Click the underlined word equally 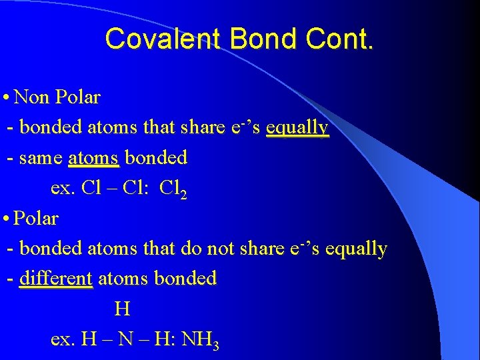click(x=297, y=127)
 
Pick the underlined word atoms click(x=93, y=158)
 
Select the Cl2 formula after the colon click(x=173, y=189)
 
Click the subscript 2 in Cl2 click(x=183, y=193)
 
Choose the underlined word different click(x=56, y=278)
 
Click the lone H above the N click(x=121, y=309)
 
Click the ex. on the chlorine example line click(x=63, y=189)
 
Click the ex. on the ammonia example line click(x=63, y=339)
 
